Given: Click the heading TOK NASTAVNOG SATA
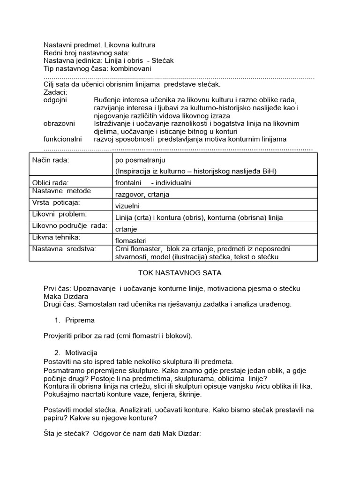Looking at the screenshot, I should pyautogui.click(x=180, y=272).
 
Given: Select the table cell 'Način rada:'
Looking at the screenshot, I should pyautogui.click(x=50, y=160).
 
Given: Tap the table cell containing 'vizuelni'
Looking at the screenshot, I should pyautogui.click(x=127, y=206).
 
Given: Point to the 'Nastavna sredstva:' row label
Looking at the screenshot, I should pyautogui.click(x=64, y=248).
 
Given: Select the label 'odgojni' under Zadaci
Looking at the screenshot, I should pyautogui.click(x=55, y=100).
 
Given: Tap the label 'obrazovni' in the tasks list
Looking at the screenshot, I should pyautogui.click(x=59, y=123).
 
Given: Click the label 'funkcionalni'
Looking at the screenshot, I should pyautogui.click(x=62, y=139).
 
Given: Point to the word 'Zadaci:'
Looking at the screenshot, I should pyautogui.click(x=55, y=92).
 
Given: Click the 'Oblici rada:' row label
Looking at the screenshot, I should pyautogui.click(x=50, y=182).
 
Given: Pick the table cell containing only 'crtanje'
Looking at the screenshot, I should pyautogui.click(x=126, y=229).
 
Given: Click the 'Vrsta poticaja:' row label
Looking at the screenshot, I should pyautogui.click(x=56, y=202).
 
